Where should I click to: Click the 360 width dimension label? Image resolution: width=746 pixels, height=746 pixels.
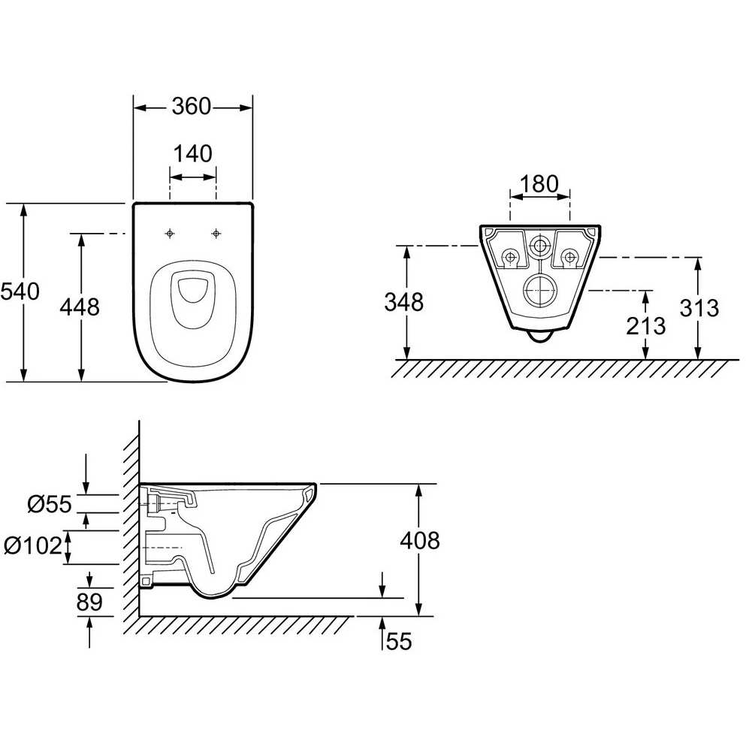(192, 107)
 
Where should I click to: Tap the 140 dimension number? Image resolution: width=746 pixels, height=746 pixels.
(192, 154)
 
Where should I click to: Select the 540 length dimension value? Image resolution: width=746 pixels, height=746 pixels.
(20, 291)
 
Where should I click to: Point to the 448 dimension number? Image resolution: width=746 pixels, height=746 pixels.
(80, 307)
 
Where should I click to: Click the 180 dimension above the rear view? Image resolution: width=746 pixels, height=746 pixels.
(539, 183)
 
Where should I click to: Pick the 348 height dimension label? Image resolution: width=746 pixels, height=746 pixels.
(404, 302)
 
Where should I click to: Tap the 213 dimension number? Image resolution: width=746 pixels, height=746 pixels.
(645, 326)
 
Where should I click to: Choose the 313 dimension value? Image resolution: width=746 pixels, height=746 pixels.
(699, 308)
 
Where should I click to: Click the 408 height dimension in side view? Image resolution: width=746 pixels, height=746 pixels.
(420, 541)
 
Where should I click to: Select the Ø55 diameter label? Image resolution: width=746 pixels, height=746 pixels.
(50, 504)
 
